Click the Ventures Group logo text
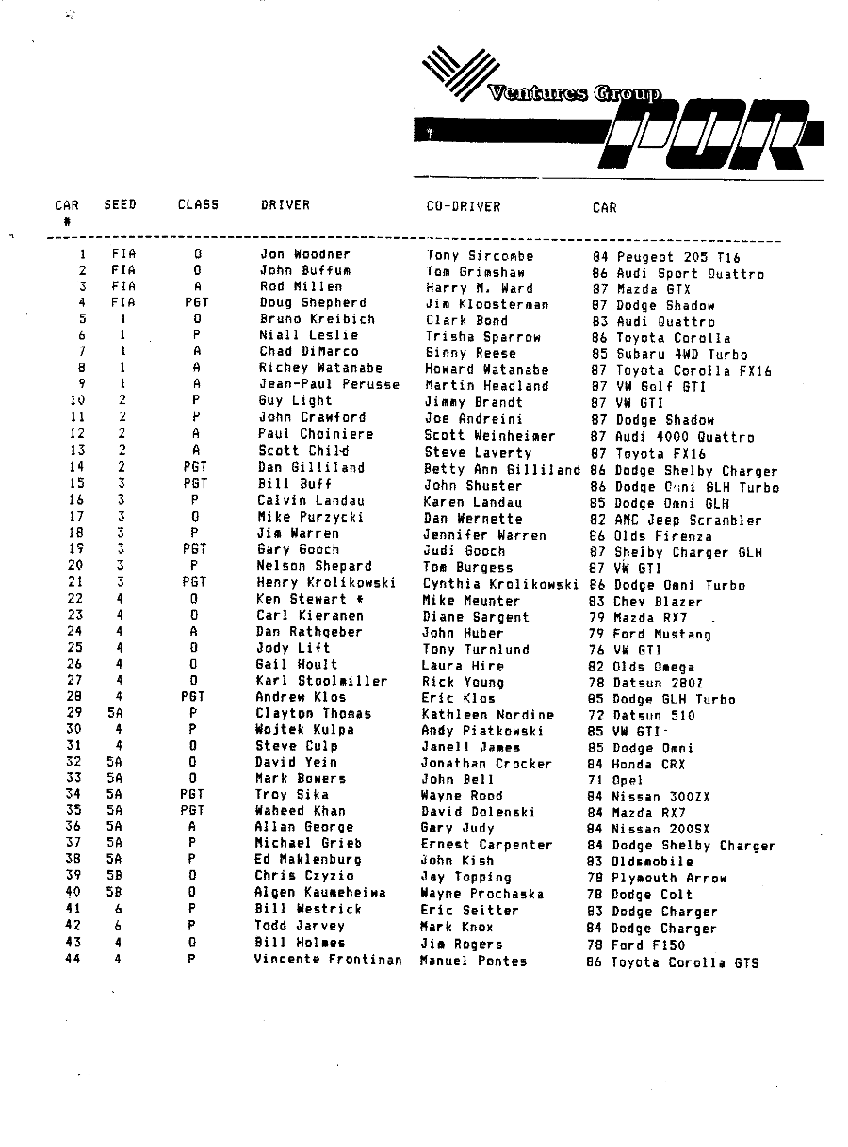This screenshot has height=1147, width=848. point(574,93)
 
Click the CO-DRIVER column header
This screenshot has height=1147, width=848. point(463,206)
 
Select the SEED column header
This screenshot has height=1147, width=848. point(120,204)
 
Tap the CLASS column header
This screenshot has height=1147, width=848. point(198,204)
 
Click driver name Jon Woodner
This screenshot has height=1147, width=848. point(304,254)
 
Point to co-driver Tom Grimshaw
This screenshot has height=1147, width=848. point(476,272)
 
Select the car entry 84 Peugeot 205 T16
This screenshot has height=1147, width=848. point(665,257)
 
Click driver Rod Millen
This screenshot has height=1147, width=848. point(301,286)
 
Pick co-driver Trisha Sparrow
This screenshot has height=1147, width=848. point(482,337)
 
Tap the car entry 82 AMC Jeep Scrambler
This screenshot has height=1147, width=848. point(675,520)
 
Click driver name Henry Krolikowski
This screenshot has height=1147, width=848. point(326,583)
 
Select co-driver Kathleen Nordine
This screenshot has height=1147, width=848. point(487,715)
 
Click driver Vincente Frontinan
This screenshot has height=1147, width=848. point(328,960)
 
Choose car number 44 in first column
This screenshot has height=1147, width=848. point(73,960)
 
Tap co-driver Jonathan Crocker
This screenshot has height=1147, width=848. point(486,764)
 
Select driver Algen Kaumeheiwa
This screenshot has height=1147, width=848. point(320,892)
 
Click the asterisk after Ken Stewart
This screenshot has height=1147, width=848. point(360,599)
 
